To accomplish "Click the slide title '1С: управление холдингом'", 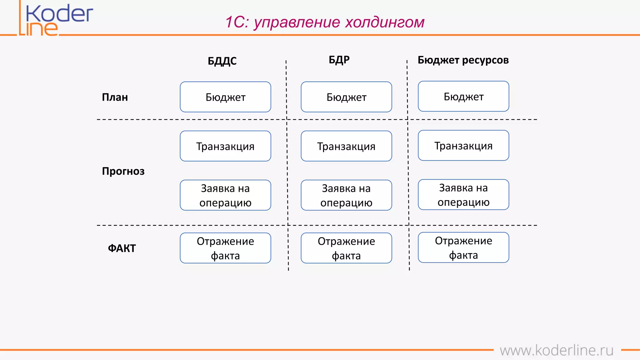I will click(x=325, y=22).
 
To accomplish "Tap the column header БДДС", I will click(x=222, y=61).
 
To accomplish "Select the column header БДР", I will click(x=339, y=60).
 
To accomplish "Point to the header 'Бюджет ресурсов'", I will click(x=463, y=60).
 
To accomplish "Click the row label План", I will click(x=115, y=97).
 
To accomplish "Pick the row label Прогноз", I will click(x=123, y=171).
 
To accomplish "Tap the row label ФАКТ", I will click(x=122, y=248).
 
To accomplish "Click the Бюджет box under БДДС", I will click(x=225, y=97).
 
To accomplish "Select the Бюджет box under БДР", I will click(x=346, y=97).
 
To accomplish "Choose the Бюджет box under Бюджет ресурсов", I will click(x=463, y=96).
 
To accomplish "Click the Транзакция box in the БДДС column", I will click(x=225, y=146).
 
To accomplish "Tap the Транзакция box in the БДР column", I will click(x=346, y=146).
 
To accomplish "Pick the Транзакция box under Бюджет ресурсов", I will click(x=463, y=145).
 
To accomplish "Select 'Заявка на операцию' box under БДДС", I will click(x=225, y=195).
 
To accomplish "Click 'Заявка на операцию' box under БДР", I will click(x=346, y=195).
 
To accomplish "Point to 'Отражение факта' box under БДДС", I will click(x=225, y=248).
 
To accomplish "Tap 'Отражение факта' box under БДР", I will click(x=346, y=248).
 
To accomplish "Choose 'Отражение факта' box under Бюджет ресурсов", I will click(x=463, y=247).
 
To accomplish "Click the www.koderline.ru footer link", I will click(x=556, y=350).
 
